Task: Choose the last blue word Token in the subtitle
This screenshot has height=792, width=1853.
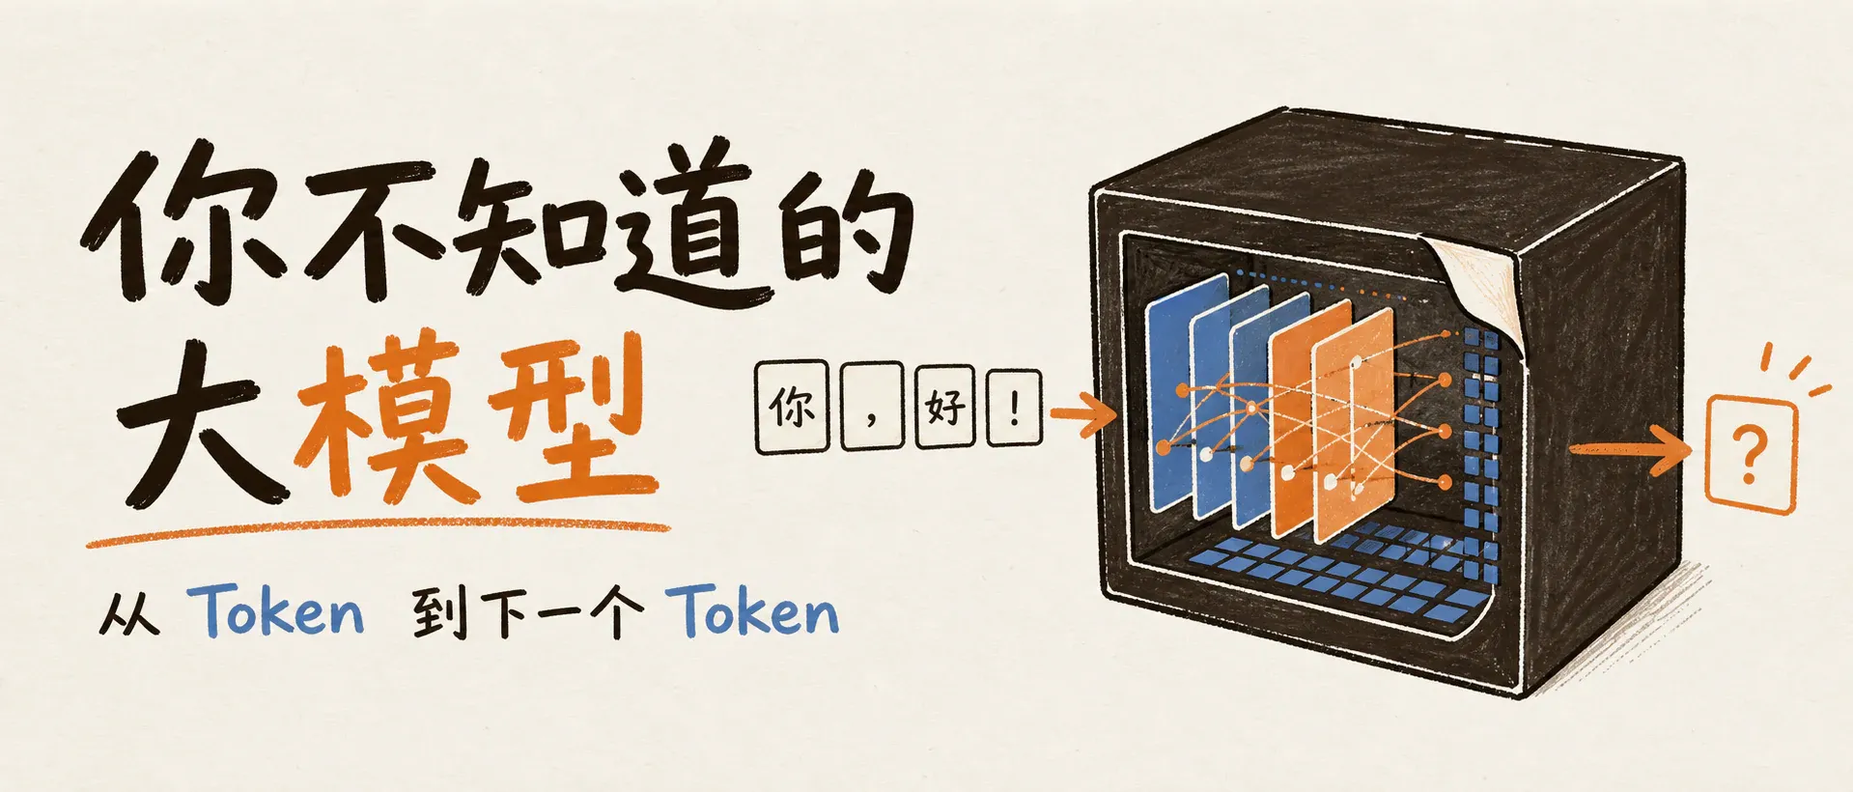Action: pos(756,610)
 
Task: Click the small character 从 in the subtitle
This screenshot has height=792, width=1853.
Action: pos(129,614)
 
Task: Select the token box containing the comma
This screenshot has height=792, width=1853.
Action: pos(871,407)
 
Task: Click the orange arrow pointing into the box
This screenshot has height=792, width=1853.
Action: pos(1083,415)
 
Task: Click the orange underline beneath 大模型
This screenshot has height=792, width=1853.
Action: pos(377,533)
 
